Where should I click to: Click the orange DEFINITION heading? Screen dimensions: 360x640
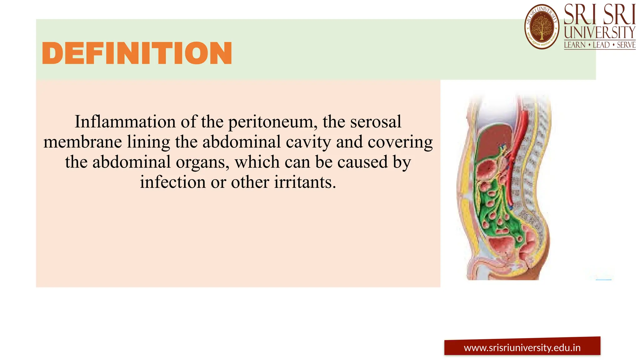pyautogui.click(x=137, y=53)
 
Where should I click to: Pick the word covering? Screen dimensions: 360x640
pyautogui.click(x=400, y=142)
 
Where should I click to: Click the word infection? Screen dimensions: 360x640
pyautogui.click(x=172, y=182)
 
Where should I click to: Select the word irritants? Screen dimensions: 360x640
pyautogui.click(x=305, y=182)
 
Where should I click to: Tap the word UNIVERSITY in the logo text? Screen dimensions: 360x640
pyautogui.click(x=599, y=32)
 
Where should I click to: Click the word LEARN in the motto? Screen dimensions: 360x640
pyautogui.click(x=574, y=45)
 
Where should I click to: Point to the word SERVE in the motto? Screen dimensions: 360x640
pyautogui.click(x=626, y=45)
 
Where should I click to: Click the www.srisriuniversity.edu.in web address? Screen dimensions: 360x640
pyautogui.click(x=522, y=348)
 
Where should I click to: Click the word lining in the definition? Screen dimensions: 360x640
pyautogui.click(x=148, y=142)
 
